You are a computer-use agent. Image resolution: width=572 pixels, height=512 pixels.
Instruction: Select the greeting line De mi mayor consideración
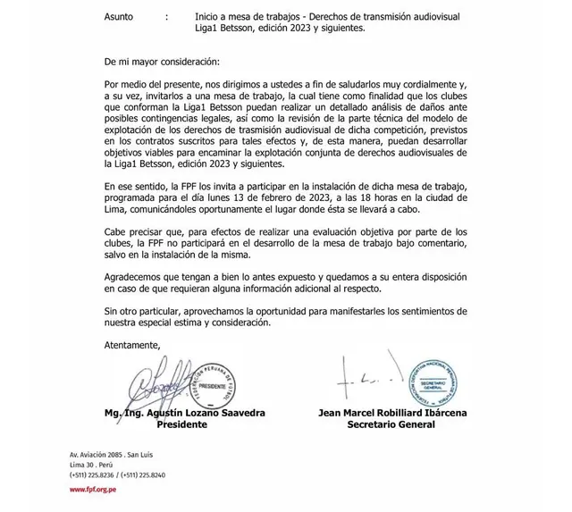click(161, 64)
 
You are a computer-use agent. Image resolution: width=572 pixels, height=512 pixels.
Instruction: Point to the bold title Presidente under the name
click(181, 424)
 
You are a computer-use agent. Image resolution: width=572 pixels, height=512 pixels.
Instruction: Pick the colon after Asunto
click(167, 17)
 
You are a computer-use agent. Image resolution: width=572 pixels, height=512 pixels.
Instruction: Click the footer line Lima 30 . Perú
click(94, 466)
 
